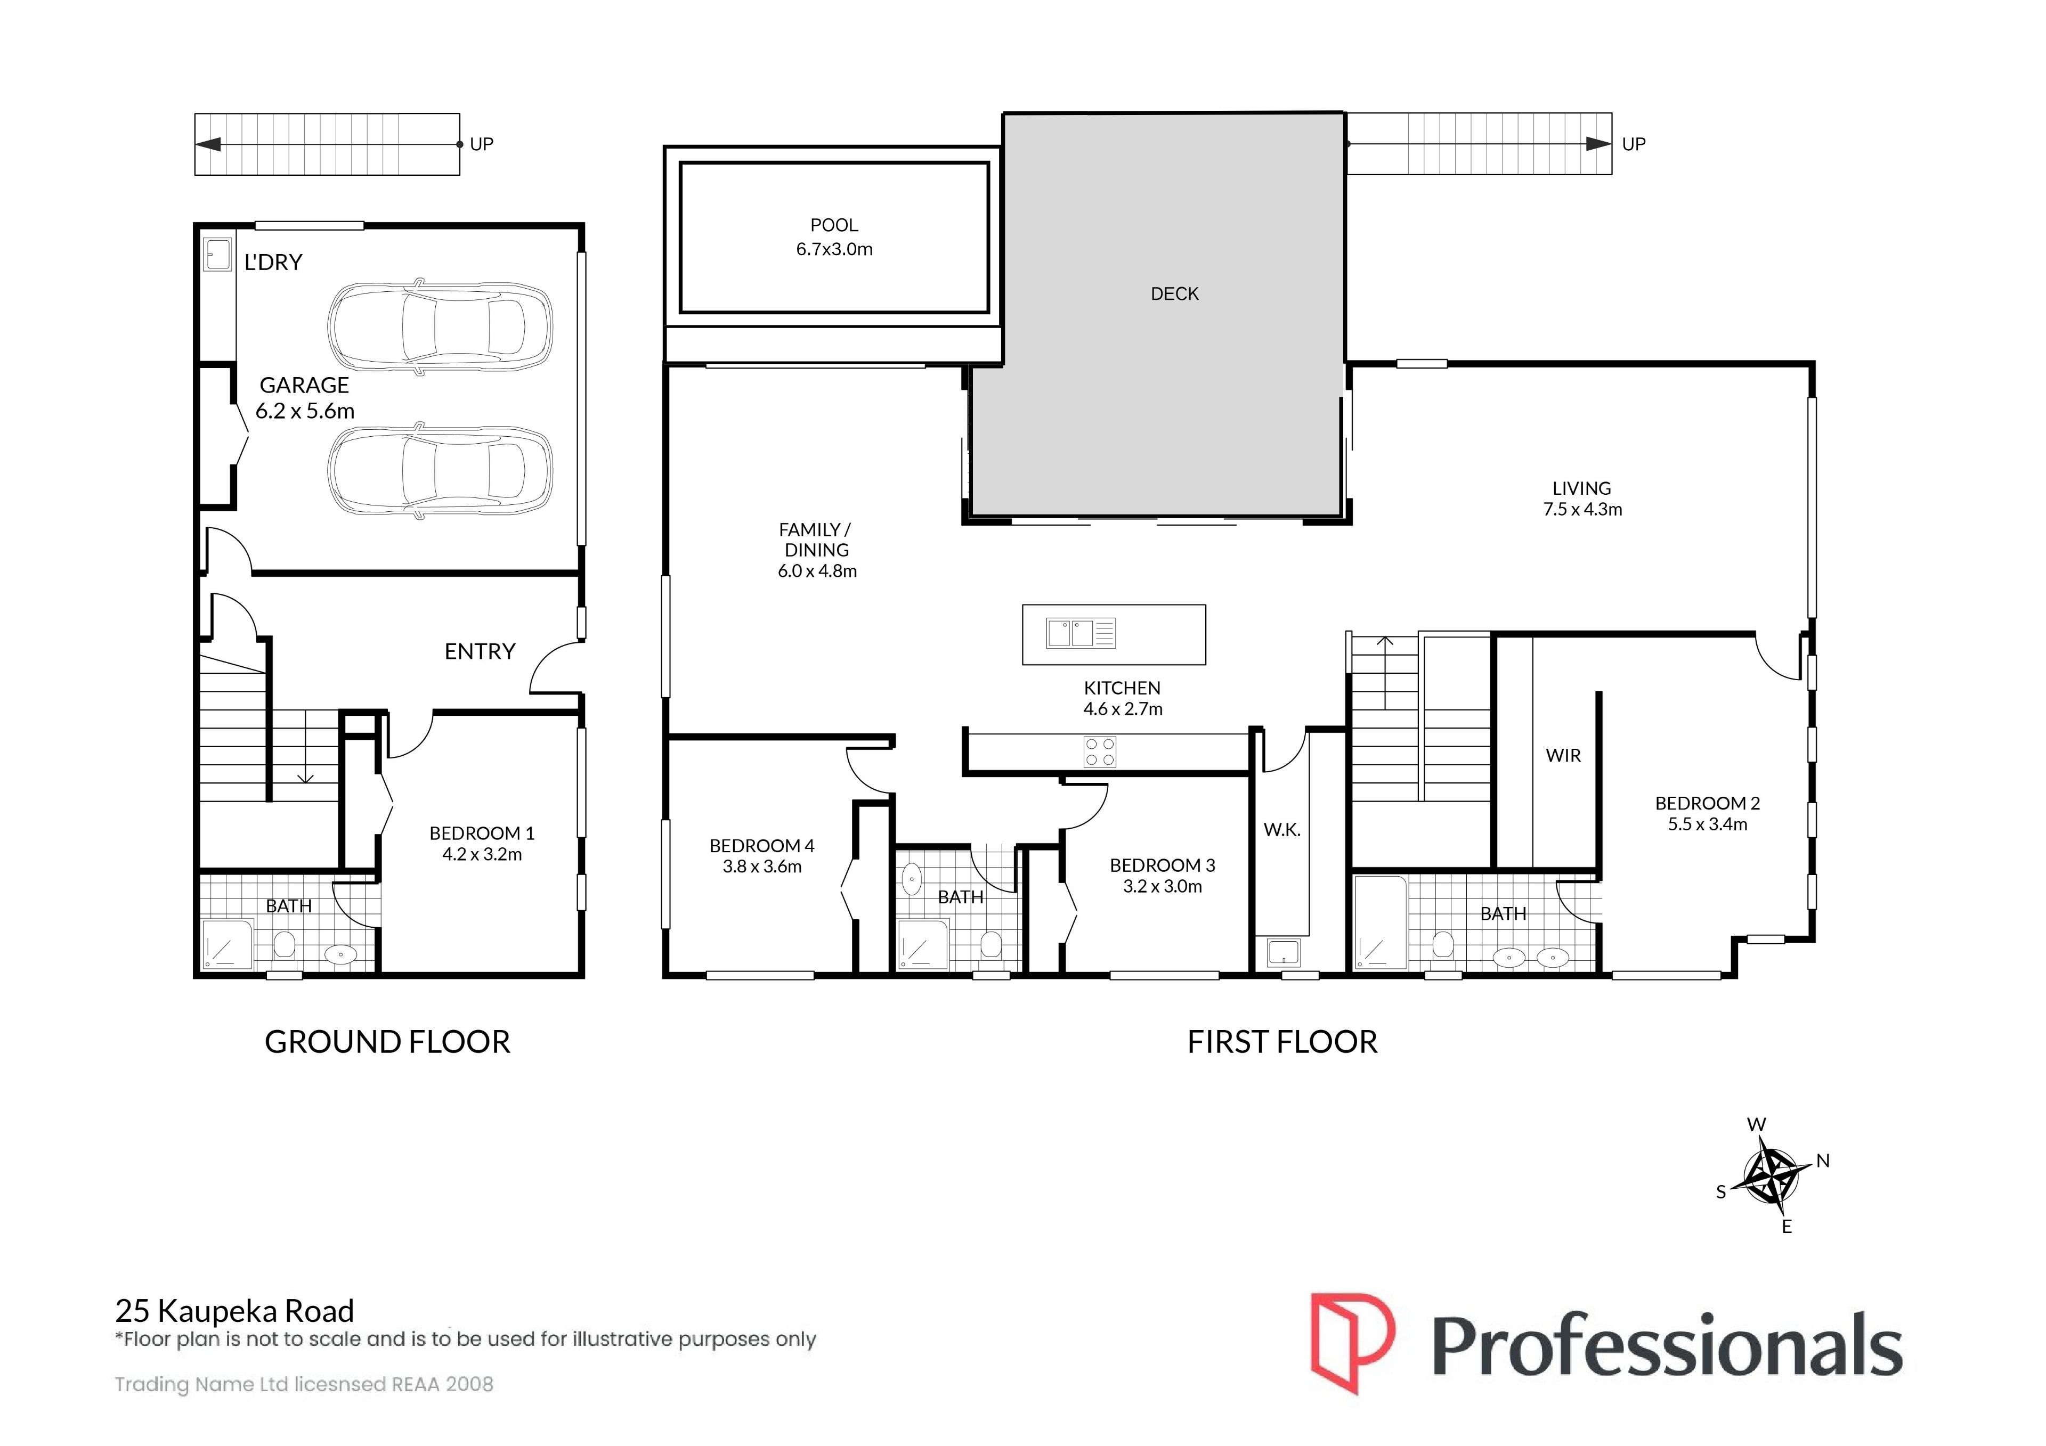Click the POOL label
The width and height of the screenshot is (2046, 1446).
click(x=834, y=225)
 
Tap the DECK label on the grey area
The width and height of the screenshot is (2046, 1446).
click(x=1174, y=294)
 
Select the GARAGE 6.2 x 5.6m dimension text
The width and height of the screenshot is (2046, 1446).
click(x=305, y=411)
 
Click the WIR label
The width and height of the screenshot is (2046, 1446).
click(x=1563, y=756)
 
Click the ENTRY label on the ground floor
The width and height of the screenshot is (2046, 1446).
click(x=480, y=651)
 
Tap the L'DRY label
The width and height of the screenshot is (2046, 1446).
click(x=273, y=262)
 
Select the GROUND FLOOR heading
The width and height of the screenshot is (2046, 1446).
click(x=388, y=1042)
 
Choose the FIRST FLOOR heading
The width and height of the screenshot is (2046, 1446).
click(x=1282, y=1042)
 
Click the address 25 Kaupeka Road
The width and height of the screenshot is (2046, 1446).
click(x=234, y=1311)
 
